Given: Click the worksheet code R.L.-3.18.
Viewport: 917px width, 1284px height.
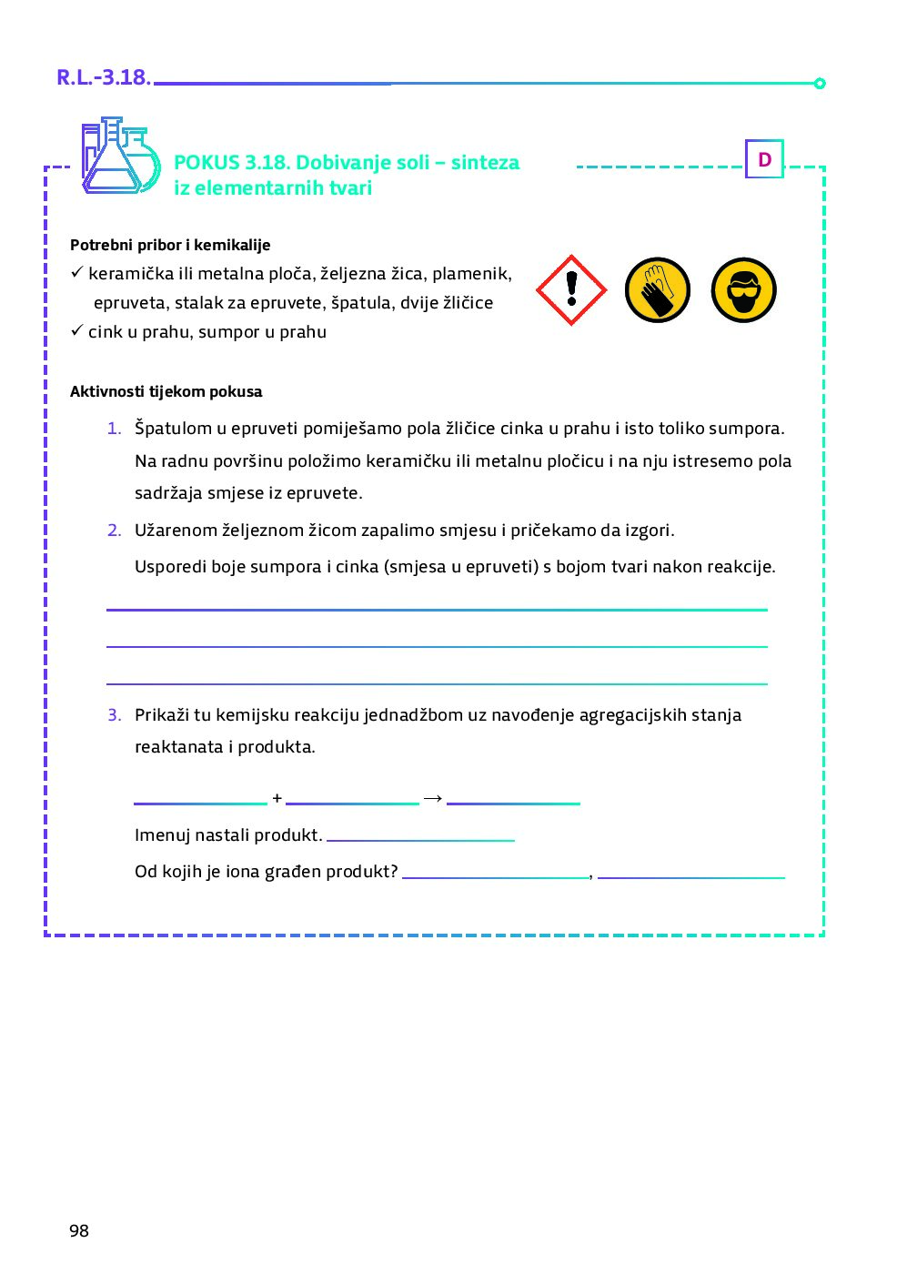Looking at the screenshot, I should [x=103, y=77].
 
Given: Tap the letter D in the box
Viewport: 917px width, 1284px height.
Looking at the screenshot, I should [x=764, y=159].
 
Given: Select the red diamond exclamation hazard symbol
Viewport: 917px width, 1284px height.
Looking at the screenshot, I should [x=571, y=290].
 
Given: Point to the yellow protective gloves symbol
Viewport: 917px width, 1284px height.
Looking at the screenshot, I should [x=658, y=290].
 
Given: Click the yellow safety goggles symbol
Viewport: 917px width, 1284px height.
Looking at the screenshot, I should [x=743, y=290].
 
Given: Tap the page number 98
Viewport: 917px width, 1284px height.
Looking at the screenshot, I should [x=79, y=1230].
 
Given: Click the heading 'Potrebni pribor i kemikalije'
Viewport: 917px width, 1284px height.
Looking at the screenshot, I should [x=170, y=245].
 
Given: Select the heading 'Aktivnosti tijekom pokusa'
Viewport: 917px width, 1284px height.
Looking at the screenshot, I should [x=166, y=391].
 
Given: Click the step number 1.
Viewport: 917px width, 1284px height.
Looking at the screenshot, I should [x=114, y=428].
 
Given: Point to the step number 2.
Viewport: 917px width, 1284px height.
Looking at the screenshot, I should [x=114, y=530].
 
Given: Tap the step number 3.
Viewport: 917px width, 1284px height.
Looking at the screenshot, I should [x=114, y=714].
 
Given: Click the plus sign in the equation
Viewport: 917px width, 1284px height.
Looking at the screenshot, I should [x=277, y=798].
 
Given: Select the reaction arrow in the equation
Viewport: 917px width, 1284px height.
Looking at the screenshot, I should [x=433, y=798].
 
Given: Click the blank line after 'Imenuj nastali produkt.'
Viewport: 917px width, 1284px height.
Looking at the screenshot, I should [x=420, y=838].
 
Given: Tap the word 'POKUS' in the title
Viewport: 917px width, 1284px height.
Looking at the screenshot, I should [x=207, y=163].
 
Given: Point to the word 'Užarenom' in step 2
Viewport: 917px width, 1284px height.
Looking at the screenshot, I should [x=176, y=530].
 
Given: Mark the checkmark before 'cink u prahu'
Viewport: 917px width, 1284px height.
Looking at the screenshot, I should [x=76, y=329].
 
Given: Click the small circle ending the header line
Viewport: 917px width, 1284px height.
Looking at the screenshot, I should [x=820, y=84].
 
